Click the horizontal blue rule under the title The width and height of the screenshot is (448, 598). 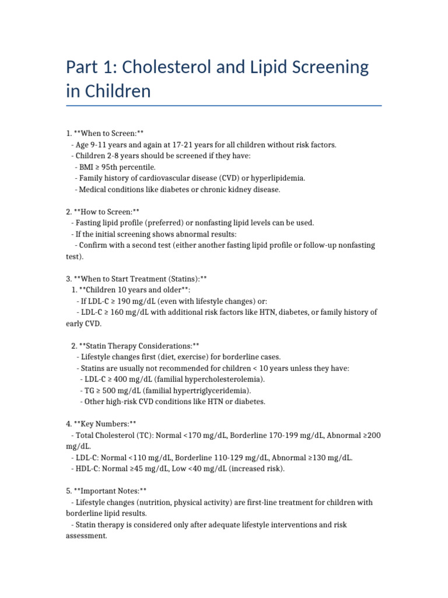(x=224, y=106)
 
